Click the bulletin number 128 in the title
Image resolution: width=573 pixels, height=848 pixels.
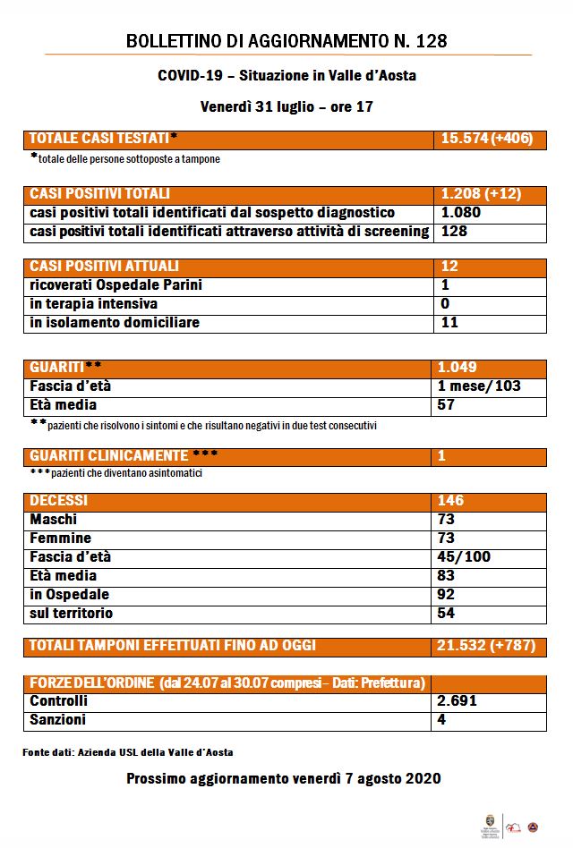(428, 41)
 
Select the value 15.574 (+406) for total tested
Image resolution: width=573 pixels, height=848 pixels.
(488, 139)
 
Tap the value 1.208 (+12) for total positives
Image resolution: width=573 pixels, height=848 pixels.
(481, 194)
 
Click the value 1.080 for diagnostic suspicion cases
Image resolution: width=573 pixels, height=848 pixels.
(461, 213)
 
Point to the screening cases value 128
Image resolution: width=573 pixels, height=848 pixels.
(455, 232)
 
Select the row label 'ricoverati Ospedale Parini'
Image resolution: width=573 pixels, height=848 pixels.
(116, 285)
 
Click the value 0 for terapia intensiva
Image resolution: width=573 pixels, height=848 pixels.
(445, 304)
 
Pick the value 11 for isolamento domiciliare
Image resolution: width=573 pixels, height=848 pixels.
(449, 322)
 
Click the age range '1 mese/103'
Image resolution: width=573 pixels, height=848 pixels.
(479, 386)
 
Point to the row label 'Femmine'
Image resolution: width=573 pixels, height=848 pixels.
(61, 538)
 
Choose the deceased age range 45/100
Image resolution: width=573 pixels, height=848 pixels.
(464, 556)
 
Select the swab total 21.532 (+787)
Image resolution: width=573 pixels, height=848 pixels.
(489, 645)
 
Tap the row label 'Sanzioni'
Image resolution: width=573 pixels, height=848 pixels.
(58, 720)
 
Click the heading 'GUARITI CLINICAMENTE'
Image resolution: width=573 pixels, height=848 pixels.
(109, 456)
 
